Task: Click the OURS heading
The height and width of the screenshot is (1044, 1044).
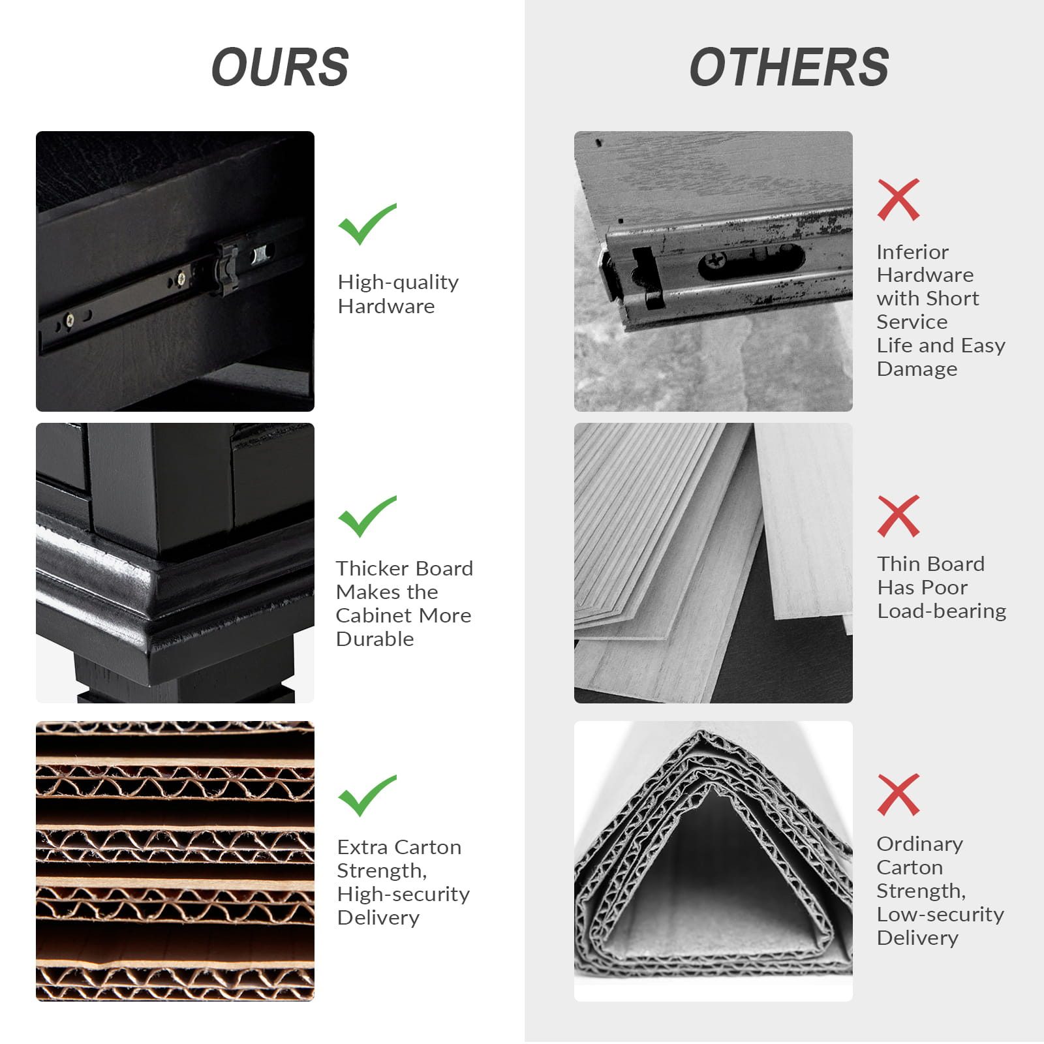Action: [281, 67]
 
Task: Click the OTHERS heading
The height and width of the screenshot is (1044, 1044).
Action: [789, 67]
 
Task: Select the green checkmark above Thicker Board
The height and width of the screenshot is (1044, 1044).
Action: [367, 516]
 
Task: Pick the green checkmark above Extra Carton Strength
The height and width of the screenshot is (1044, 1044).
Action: [367, 795]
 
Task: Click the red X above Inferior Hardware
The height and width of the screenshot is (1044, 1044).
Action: [898, 200]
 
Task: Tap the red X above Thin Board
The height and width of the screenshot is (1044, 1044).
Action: [898, 516]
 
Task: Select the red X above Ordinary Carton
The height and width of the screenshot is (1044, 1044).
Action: [898, 795]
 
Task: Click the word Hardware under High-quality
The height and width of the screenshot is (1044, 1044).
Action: [386, 306]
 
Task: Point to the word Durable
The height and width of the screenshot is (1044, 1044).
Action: [375, 639]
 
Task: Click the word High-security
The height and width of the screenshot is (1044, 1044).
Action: [403, 894]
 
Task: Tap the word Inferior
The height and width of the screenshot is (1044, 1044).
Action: [912, 252]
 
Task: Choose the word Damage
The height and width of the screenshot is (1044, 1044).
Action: [917, 369]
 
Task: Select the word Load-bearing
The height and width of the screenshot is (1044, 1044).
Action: [942, 611]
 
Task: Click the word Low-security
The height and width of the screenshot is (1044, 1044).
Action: [940, 914]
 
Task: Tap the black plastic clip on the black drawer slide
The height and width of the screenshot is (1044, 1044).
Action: [228, 267]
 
